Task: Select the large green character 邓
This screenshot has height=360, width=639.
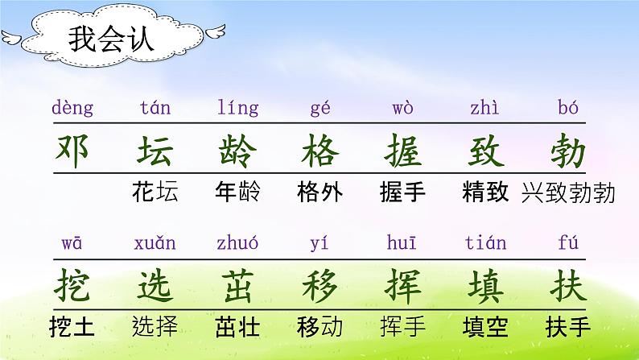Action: coord(73,151)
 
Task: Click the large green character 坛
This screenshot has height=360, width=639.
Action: coord(155,151)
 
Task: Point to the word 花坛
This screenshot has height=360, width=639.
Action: coord(156,192)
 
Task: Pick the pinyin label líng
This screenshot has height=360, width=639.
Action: coord(238,108)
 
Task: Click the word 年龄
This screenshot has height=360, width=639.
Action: coord(238,192)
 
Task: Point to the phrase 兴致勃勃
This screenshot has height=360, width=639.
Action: coord(568,192)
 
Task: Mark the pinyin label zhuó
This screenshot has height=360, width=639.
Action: coord(238,242)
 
